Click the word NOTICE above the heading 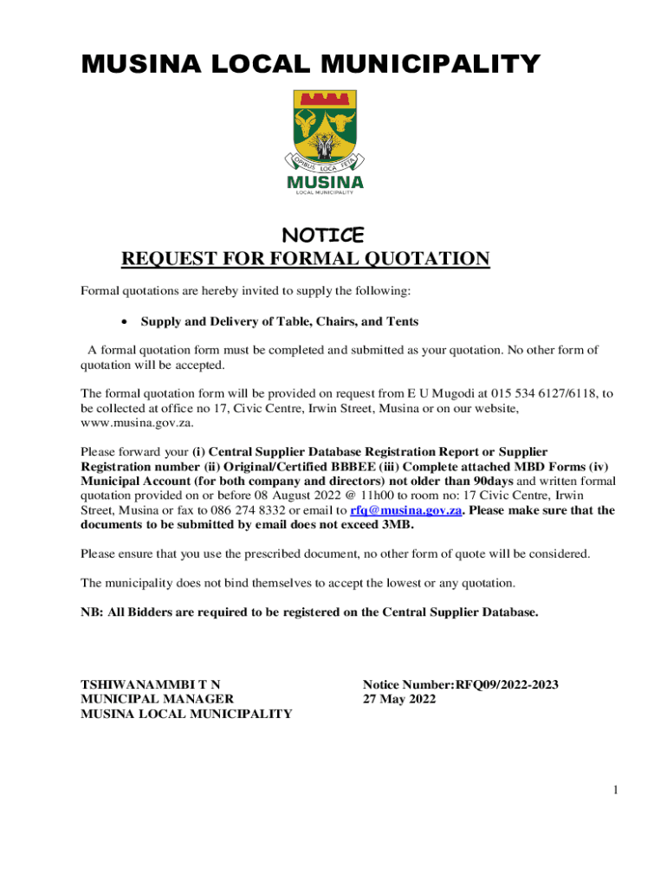click(x=325, y=235)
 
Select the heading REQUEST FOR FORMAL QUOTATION click(x=306, y=259)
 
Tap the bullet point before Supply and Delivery click(x=126, y=321)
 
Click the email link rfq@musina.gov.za click(x=405, y=510)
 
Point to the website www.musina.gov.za click(x=137, y=423)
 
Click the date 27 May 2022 click(x=399, y=699)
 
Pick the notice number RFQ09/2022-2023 click(x=507, y=684)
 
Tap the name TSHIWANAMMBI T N click(x=156, y=684)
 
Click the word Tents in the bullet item click(x=401, y=321)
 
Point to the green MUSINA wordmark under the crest click(x=325, y=182)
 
